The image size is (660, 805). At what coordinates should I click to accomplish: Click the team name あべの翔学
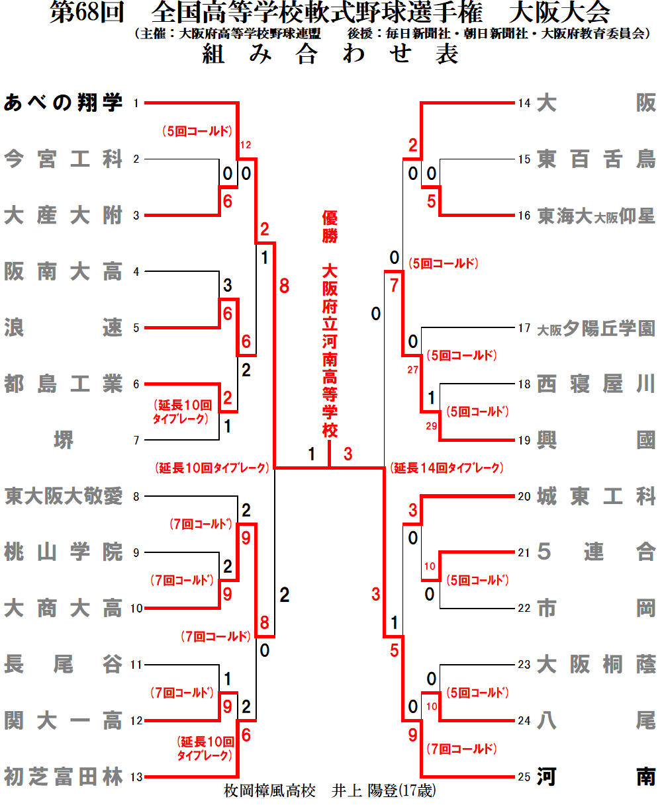tap(64, 103)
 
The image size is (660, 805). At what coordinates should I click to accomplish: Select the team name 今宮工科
tap(64, 159)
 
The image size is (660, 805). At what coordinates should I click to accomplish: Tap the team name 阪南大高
tap(64, 272)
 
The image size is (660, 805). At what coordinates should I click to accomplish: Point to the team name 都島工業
tap(64, 384)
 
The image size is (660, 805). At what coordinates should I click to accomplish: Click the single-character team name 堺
tap(64, 440)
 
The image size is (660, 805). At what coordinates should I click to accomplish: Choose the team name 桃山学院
tap(64, 552)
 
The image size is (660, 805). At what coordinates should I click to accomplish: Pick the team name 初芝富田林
tap(64, 777)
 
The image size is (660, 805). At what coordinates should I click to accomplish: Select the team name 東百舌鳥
tap(596, 159)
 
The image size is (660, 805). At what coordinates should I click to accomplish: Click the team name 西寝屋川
tap(596, 384)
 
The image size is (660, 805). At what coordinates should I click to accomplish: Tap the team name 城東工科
tap(596, 496)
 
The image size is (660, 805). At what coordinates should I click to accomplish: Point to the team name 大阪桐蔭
tap(596, 664)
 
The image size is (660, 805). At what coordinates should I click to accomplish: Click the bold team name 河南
tap(596, 777)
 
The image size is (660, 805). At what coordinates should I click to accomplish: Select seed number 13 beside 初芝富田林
tap(136, 777)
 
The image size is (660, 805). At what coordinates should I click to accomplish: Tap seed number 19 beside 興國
tap(524, 440)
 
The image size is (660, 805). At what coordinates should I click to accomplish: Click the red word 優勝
tap(330, 226)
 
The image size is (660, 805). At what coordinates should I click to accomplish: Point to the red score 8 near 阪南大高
tap(284, 287)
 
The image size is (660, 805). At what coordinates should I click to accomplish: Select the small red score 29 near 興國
tap(432, 426)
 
